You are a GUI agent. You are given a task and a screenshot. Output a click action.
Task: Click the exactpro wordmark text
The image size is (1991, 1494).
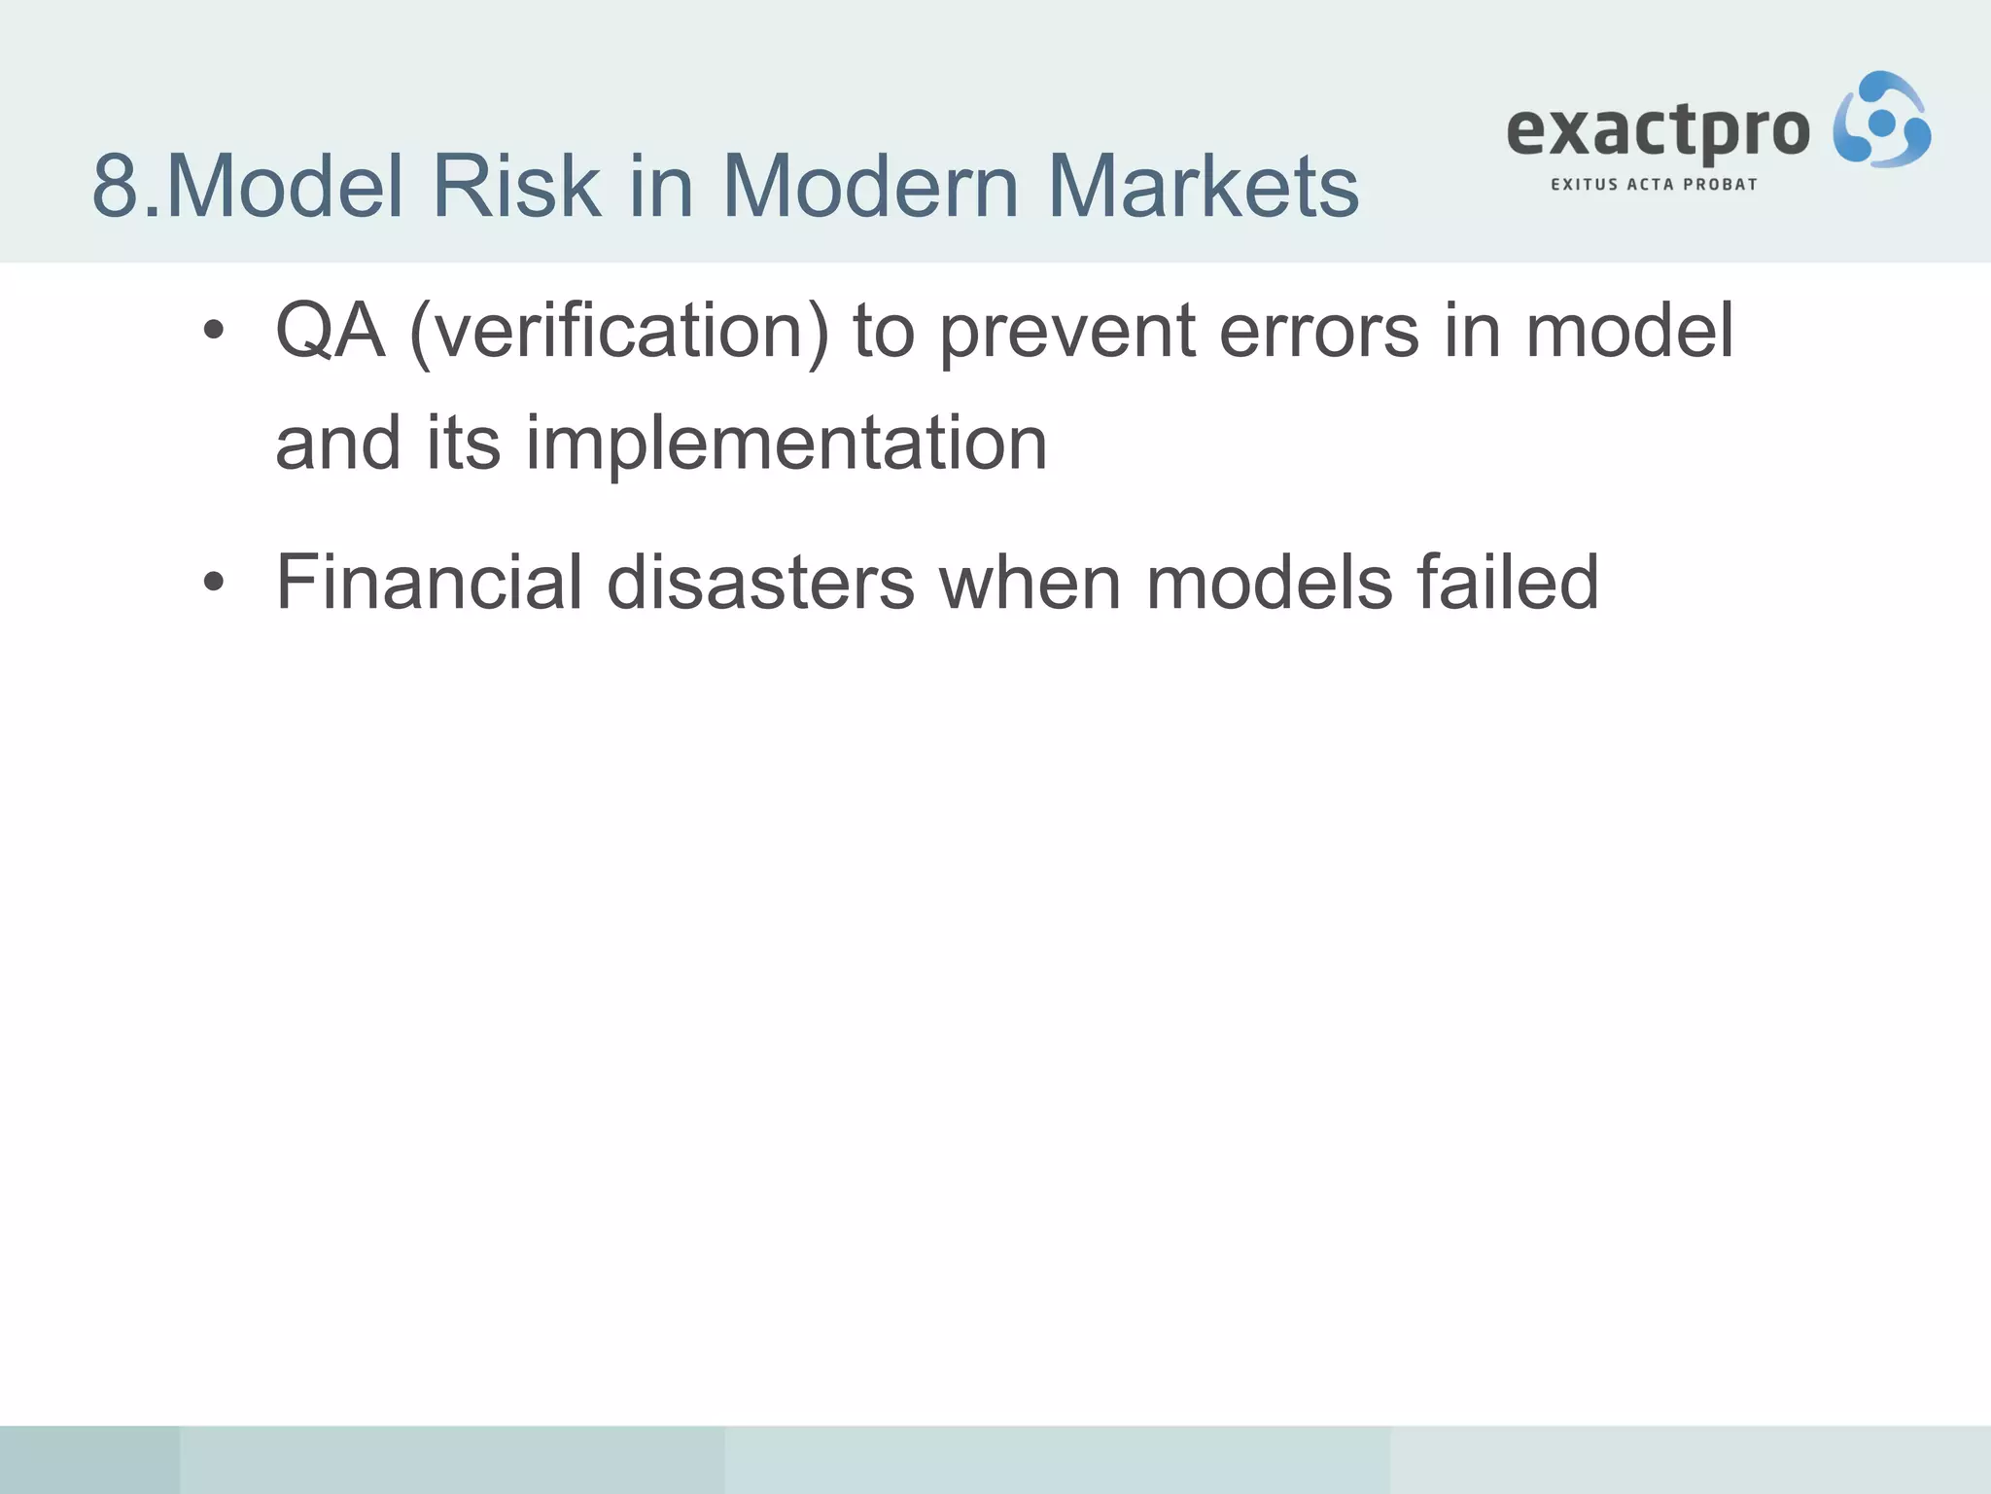point(1658,130)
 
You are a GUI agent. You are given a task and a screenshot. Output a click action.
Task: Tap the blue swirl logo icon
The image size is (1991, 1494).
point(1881,121)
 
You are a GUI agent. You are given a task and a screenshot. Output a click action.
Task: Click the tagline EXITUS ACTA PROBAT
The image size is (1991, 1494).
point(1654,184)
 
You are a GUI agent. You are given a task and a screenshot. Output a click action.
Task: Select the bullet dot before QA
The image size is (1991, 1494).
point(214,333)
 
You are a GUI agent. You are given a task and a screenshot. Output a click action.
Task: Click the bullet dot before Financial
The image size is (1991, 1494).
point(214,584)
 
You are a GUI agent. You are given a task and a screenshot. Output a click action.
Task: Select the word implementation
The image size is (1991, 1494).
point(786,445)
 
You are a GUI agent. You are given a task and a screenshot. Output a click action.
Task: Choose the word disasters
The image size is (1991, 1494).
point(760,582)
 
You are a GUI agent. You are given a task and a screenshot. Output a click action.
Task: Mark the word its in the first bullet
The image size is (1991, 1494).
point(464,443)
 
